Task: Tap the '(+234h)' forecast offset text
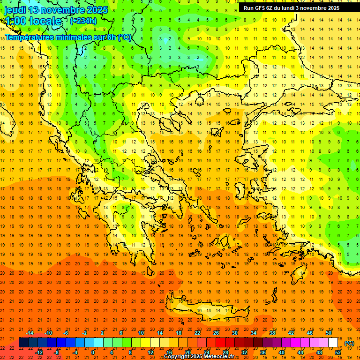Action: pyautogui.click(x=83, y=21)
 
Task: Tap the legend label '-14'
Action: pyautogui.click(x=30, y=332)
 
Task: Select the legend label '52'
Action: pyautogui.click(x=338, y=352)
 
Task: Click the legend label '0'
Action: pyautogui.click(x=93, y=352)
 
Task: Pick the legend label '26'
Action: pyautogui.click(x=216, y=332)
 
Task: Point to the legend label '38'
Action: pyautogui.click(x=272, y=332)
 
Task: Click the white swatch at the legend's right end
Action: pyautogui.click(x=333, y=342)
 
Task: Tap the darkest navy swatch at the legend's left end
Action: pyautogui.click(x=23, y=342)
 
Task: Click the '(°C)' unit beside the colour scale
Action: pyautogui.click(x=349, y=343)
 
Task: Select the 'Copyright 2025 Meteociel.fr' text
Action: pyautogui.click(x=199, y=357)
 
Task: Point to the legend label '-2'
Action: pyautogui.click(x=85, y=332)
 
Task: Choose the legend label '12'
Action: pyautogui.click(x=151, y=352)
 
